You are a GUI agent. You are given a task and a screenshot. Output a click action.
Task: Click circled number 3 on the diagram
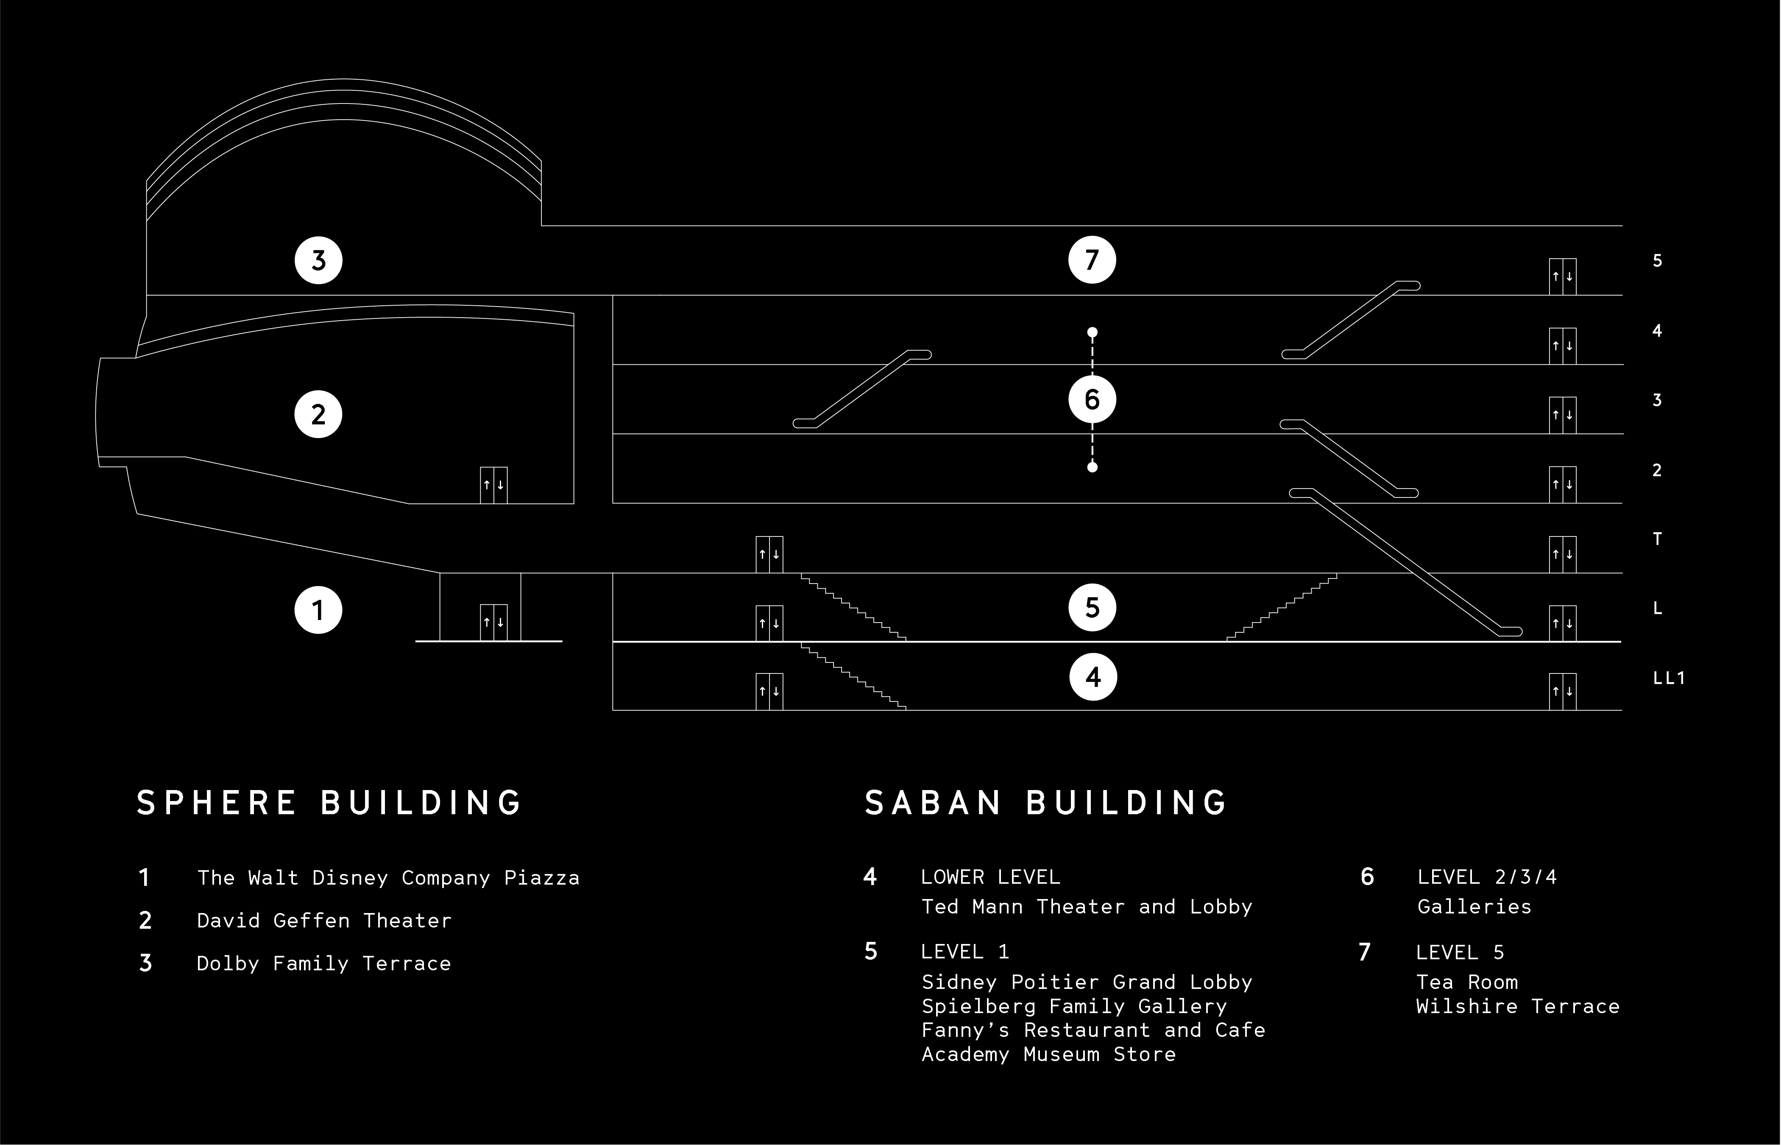click(x=318, y=260)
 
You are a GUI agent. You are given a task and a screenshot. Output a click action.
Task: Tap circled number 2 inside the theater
click(x=318, y=414)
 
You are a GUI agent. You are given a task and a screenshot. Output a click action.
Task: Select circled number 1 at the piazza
click(x=318, y=610)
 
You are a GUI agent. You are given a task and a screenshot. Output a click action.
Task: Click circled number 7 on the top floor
click(x=1092, y=260)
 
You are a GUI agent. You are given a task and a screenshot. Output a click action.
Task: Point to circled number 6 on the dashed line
click(x=1092, y=399)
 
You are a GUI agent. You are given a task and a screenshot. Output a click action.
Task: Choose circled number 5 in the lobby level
click(x=1092, y=607)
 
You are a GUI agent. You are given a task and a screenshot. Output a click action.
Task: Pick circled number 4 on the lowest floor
click(x=1093, y=676)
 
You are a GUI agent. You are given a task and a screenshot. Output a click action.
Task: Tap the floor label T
click(x=1657, y=539)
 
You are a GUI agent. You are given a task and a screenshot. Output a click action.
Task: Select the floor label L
click(x=1657, y=608)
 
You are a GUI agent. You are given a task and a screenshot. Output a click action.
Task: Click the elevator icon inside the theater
click(x=493, y=485)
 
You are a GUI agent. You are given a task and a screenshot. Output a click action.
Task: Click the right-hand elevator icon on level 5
click(x=1563, y=276)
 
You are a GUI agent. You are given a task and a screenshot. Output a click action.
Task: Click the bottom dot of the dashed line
click(x=1092, y=467)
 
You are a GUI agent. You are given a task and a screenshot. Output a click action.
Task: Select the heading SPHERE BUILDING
click(x=330, y=803)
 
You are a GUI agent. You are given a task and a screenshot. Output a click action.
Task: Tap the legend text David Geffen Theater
click(x=324, y=921)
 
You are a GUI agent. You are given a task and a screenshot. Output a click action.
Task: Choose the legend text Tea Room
click(x=1466, y=982)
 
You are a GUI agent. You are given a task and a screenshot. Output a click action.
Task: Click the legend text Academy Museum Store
click(x=1048, y=1054)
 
